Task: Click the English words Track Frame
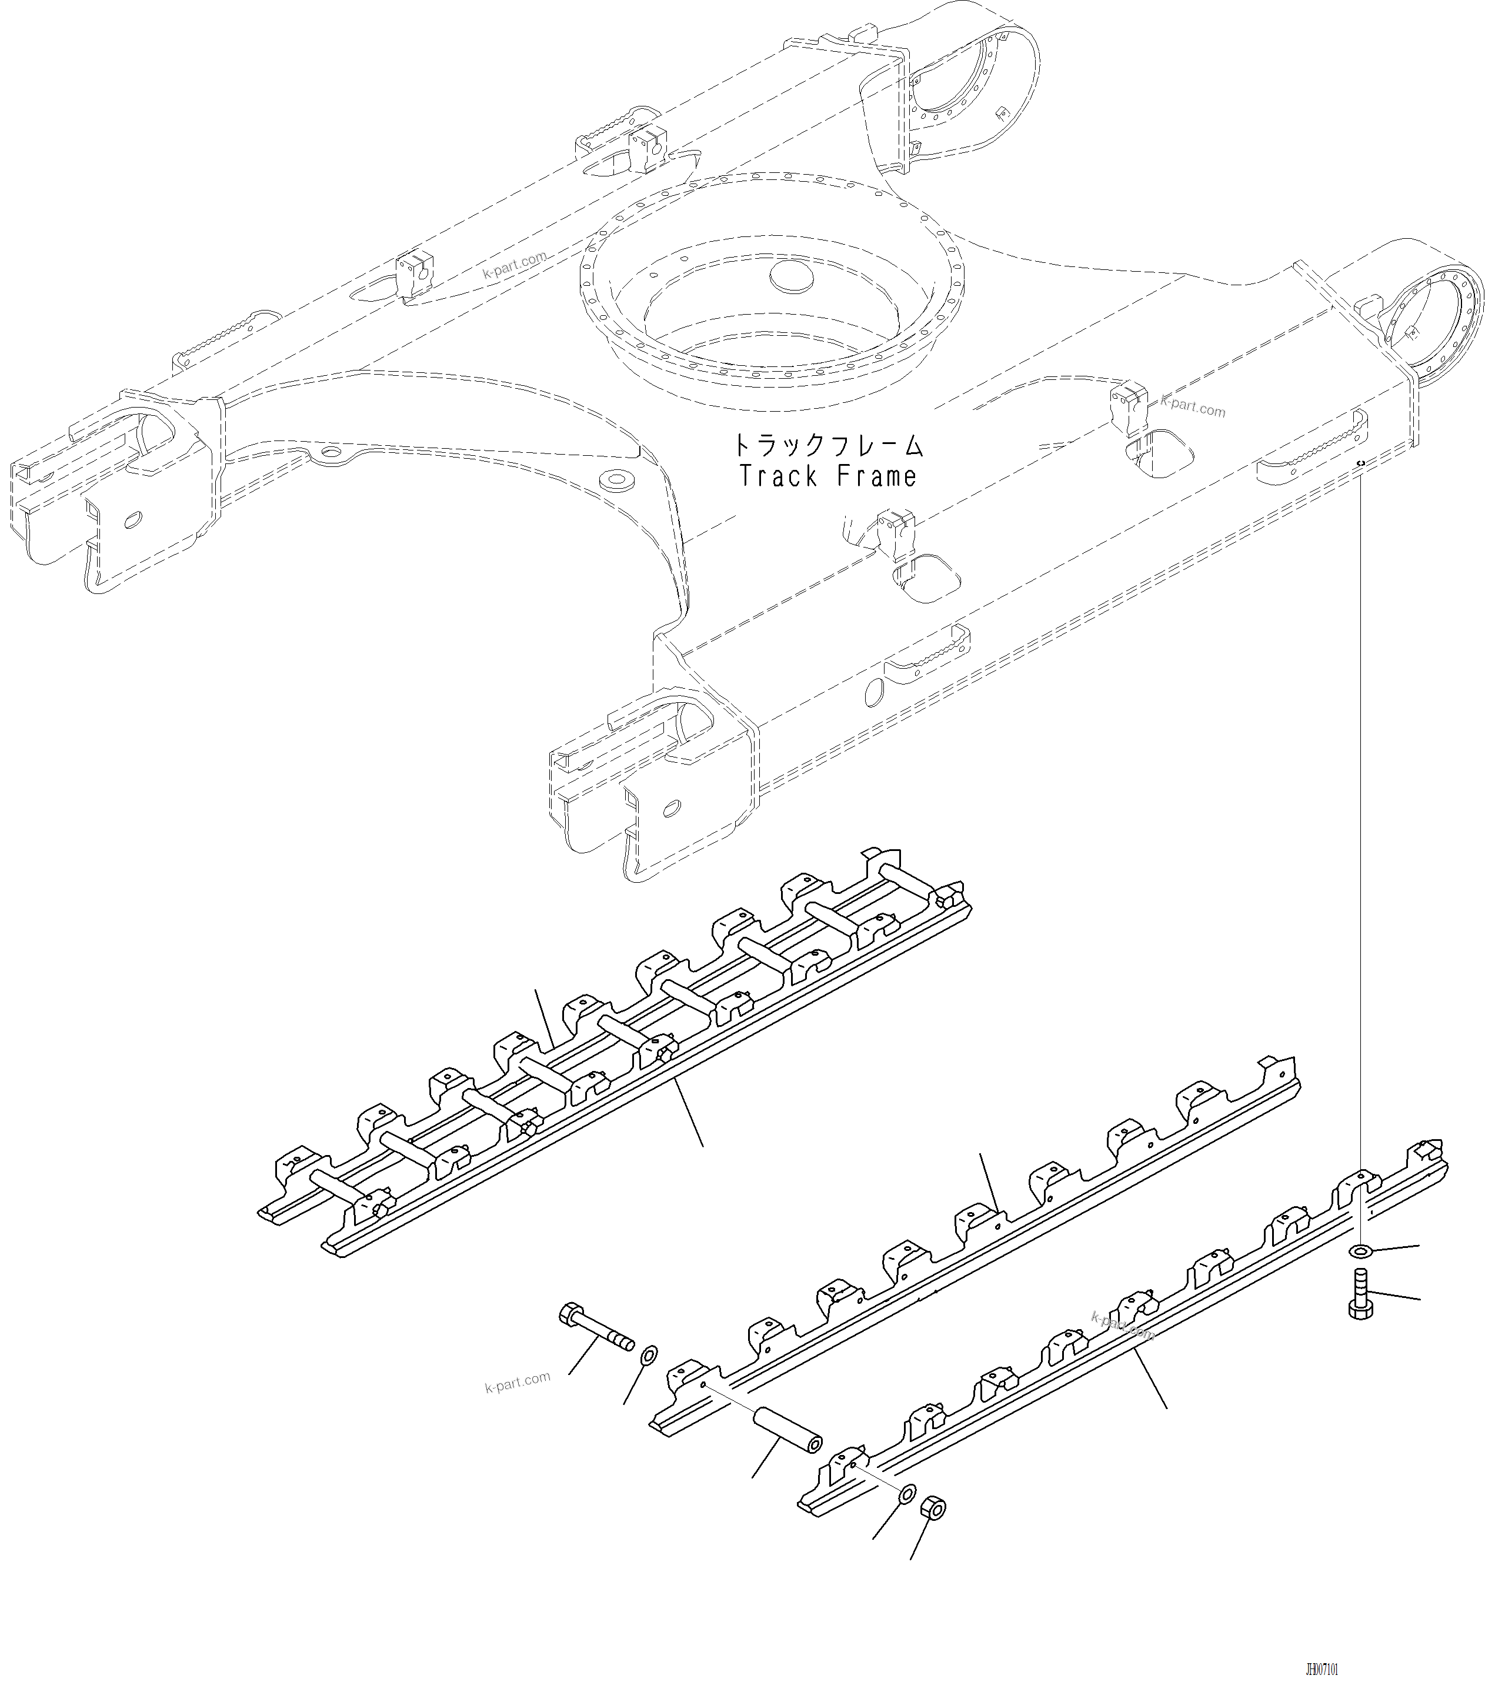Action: (827, 478)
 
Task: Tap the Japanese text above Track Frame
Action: (827, 446)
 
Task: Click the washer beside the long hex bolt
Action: (650, 1356)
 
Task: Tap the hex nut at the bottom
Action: (933, 1509)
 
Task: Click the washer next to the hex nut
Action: (907, 1493)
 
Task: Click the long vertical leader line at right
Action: (1361, 829)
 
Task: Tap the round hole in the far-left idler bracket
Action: (131, 521)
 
